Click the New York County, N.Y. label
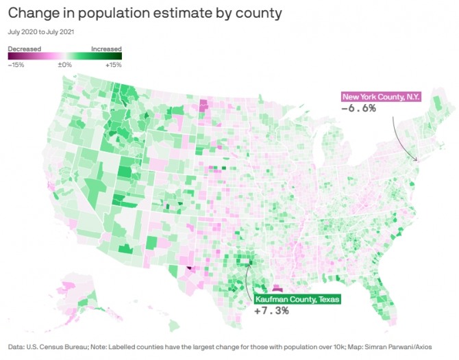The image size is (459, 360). tap(381, 97)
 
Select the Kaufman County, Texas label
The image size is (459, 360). tap(297, 299)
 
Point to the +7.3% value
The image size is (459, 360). tap(271, 310)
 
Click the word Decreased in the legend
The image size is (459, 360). tap(25, 49)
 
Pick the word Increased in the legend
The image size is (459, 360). tap(106, 49)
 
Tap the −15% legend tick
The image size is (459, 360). tap(16, 65)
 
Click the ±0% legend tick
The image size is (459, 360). tap(65, 65)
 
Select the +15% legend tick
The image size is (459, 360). tap(113, 65)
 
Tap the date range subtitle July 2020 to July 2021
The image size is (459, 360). tap(40, 31)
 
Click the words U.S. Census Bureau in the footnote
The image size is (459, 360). tap(58, 346)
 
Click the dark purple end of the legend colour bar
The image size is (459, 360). tap(11, 57)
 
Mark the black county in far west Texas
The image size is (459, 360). tap(188, 269)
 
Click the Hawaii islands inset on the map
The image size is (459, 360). tap(110, 316)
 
